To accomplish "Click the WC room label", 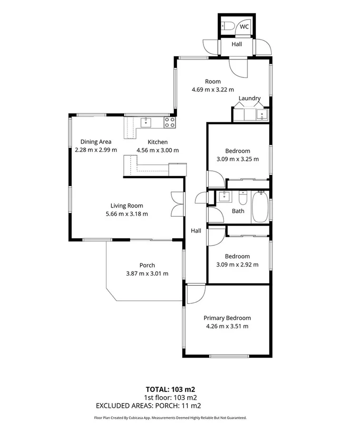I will click(x=244, y=27).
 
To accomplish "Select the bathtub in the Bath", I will click(x=260, y=207).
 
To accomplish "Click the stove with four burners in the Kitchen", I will click(x=170, y=122).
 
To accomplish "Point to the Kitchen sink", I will click(x=146, y=122).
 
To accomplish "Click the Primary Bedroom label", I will click(x=227, y=318).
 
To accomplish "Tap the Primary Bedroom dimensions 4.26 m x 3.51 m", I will click(x=227, y=326).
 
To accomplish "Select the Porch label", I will click(x=147, y=265).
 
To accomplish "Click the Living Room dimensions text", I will click(x=126, y=214).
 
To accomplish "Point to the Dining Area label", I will click(x=96, y=141).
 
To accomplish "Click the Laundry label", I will click(x=250, y=99).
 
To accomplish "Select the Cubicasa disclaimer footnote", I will click(x=170, y=418).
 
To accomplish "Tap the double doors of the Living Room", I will click(x=176, y=204).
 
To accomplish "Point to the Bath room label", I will click(x=238, y=211).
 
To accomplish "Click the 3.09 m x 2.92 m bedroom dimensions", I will click(x=237, y=265).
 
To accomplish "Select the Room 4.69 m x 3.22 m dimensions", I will click(x=213, y=89).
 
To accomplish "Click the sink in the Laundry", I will click(x=261, y=115).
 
